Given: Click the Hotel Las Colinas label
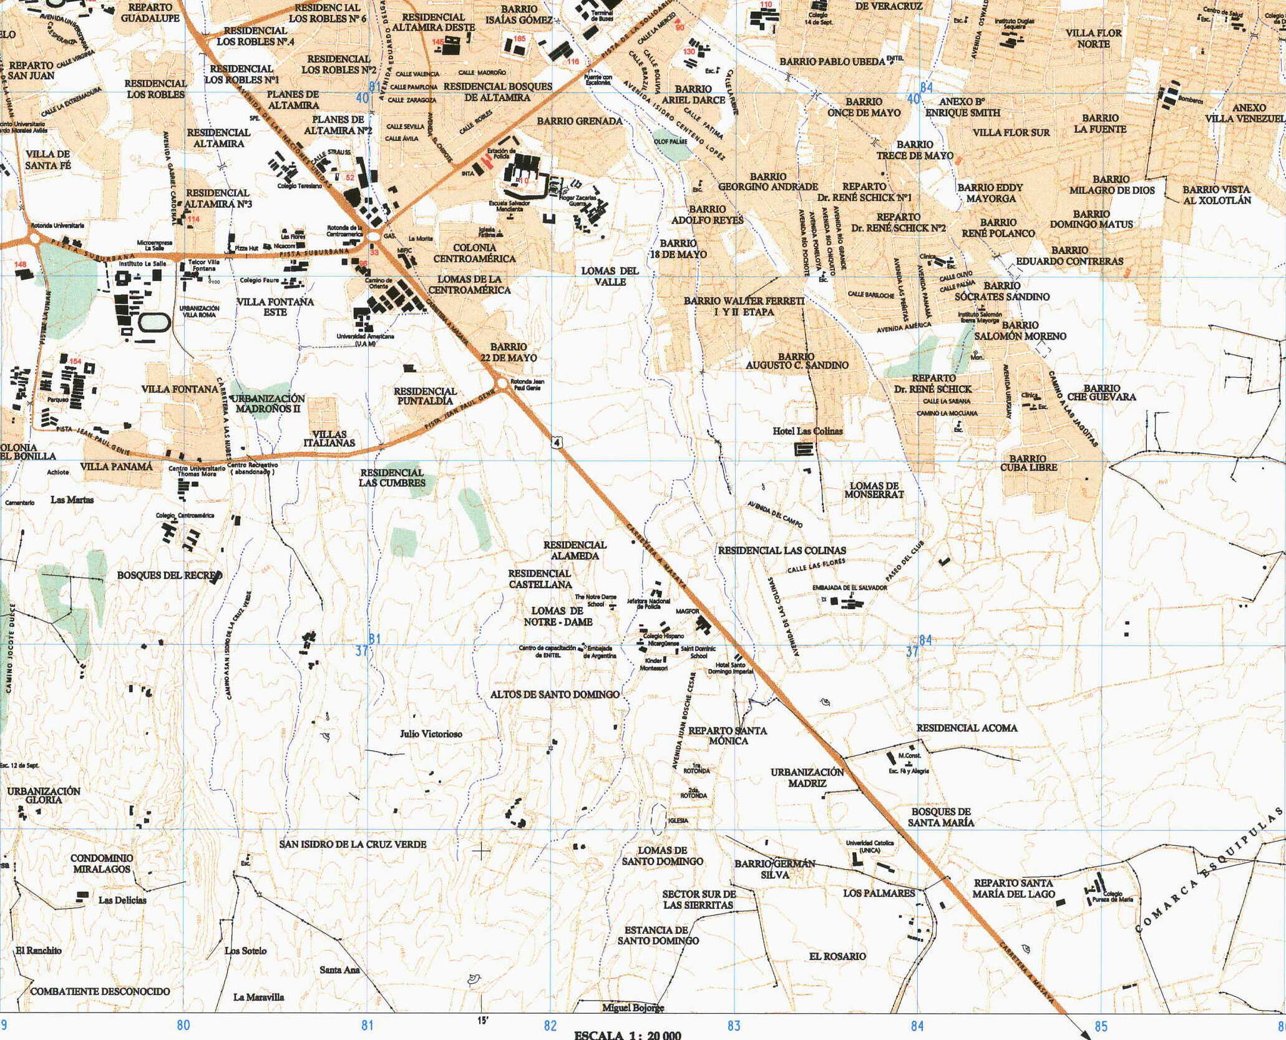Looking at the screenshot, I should [x=807, y=431].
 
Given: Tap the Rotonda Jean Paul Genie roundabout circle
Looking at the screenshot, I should [x=501, y=382].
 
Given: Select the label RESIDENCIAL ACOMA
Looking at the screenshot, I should [x=967, y=728].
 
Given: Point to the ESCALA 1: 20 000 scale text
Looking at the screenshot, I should [x=627, y=1034].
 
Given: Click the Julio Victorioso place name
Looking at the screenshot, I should [x=431, y=734].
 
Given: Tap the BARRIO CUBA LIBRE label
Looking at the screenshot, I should [x=1028, y=463].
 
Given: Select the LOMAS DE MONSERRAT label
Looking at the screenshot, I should [x=874, y=490].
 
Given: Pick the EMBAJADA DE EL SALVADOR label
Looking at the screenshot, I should [x=849, y=588].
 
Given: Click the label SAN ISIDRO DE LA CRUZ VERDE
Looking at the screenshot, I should [x=353, y=844].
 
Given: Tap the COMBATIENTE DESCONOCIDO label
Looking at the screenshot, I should [x=100, y=991].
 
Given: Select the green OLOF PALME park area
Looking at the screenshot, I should [x=668, y=143].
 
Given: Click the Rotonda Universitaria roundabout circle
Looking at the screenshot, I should [x=34, y=238].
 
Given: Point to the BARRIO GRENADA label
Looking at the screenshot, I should [x=579, y=121].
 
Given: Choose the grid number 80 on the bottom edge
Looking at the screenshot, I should [x=183, y=1025].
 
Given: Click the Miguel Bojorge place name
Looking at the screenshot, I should [x=633, y=1008].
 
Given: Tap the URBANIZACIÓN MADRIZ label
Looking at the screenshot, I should [x=807, y=777].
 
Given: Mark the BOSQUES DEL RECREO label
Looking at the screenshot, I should [x=169, y=575].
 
